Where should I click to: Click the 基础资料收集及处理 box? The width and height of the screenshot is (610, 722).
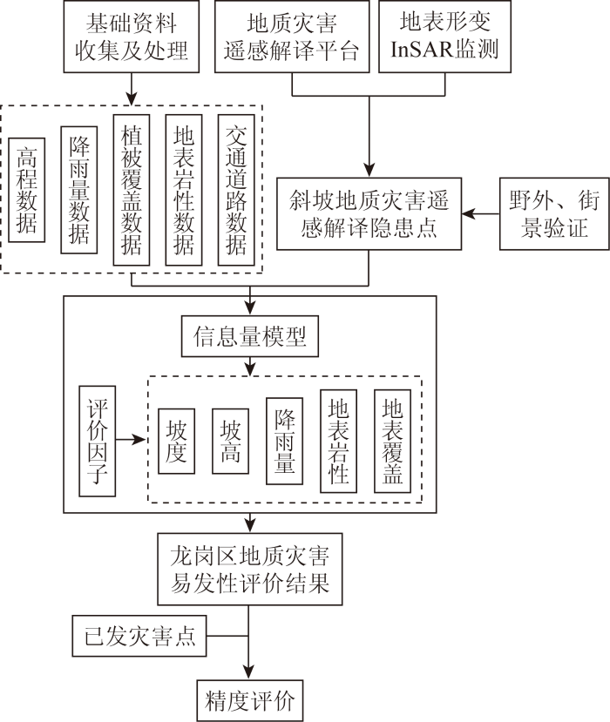point(132,37)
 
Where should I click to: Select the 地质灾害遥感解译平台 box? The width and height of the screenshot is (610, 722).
point(292,37)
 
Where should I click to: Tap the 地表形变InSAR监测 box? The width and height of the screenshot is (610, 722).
point(444,37)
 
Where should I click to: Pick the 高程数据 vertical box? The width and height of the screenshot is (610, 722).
point(27,190)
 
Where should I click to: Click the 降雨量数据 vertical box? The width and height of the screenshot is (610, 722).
point(79,190)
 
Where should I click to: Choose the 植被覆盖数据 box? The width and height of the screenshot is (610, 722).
point(132,190)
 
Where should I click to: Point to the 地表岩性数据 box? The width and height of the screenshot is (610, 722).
point(184,190)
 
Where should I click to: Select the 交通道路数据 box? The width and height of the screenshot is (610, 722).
point(236,190)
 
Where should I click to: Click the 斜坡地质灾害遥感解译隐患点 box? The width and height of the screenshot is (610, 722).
point(369,213)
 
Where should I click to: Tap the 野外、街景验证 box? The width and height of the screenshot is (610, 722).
point(555,213)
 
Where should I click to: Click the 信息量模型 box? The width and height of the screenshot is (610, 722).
point(250,336)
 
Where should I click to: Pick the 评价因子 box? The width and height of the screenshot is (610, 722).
point(98,441)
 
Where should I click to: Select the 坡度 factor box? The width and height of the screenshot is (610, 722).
point(176,441)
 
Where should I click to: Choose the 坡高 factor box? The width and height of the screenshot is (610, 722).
point(230,441)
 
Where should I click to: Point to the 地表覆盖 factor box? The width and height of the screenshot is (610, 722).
point(392,441)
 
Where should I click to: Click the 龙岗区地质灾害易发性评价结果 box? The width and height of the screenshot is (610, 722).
point(250,569)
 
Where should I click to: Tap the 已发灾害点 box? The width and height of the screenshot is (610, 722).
point(139,636)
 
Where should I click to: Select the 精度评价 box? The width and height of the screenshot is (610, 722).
point(250,700)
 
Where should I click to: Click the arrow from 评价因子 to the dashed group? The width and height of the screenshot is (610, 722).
point(131,440)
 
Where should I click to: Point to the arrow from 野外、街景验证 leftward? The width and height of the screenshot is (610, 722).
point(480,213)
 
